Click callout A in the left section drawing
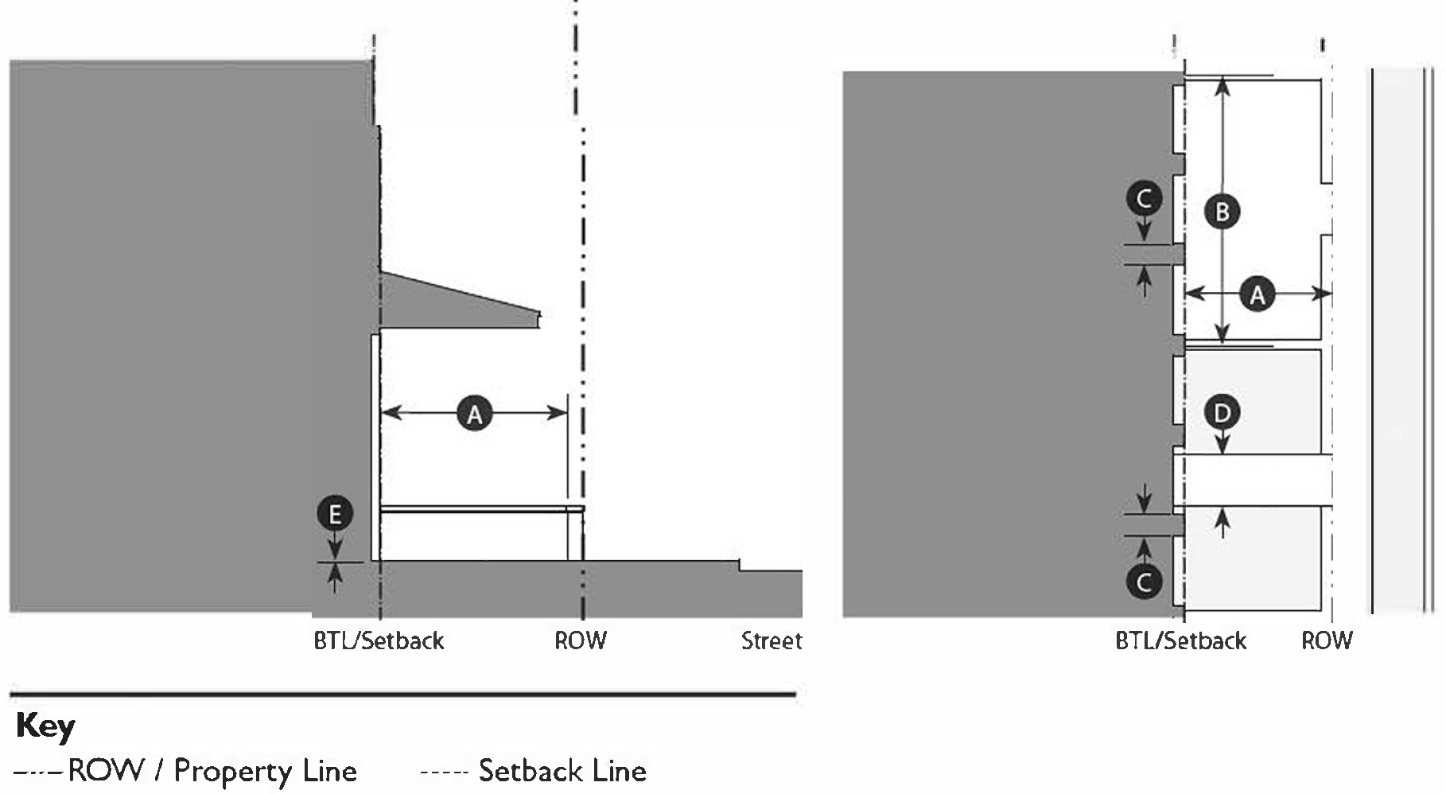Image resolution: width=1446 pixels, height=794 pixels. pyautogui.click(x=474, y=414)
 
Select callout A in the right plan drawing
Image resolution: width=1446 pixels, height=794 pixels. pyautogui.click(x=1257, y=295)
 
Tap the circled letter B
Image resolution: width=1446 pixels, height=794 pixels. pyautogui.click(x=1222, y=212)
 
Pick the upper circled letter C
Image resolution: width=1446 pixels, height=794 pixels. pyautogui.click(x=1144, y=197)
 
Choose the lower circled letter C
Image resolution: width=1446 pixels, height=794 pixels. pyautogui.click(x=1144, y=582)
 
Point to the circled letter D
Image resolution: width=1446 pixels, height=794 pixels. pyautogui.click(x=1222, y=412)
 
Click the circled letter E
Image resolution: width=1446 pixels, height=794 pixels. pyautogui.click(x=335, y=514)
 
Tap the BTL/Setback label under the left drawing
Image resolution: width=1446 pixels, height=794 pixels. pyautogui.click(x=379, y=640)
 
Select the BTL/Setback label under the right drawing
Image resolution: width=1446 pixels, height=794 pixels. pyautogui.click(x=1180, y=640)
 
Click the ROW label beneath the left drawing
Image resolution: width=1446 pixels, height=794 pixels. pyautogui.click(x=581, y=640)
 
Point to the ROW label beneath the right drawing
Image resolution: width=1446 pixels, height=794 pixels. pyautogui.click(x=1327, y=640)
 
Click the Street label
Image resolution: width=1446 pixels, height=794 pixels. pyautogui.click(x=771, y=640)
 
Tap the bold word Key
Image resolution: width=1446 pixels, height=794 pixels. pyautogui.click(x=45, y=726)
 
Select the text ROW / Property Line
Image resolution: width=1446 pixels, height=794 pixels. pyautogui.click(x=212, y=770)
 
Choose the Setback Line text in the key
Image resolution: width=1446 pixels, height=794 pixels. pyautogui.click(x=562, y=770)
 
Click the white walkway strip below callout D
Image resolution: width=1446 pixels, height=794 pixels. pyautogui.click(x=1253, y=479)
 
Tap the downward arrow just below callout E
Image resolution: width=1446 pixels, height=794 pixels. pyautogui.click(x=335, y=547)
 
